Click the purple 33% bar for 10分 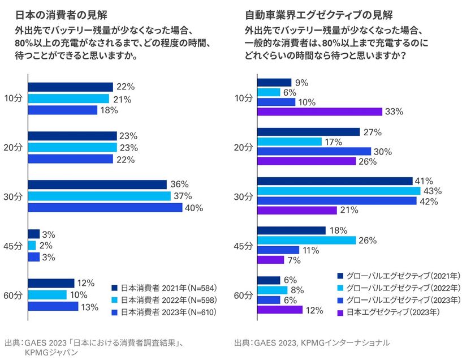319,112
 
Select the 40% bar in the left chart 105,208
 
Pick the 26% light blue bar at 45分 306,240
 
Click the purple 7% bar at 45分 271,260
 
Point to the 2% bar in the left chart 32,245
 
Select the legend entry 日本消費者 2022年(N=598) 164,299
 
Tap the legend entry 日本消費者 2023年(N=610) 164,312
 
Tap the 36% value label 179,185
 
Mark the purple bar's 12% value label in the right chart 314,310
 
